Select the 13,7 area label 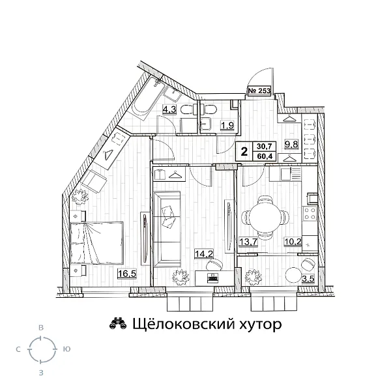[248, 242]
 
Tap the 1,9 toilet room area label [227, 125]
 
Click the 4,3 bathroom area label [169, 109]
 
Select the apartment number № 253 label [260, 91]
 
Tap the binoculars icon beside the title [117, 324]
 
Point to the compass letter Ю [67, 350]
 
